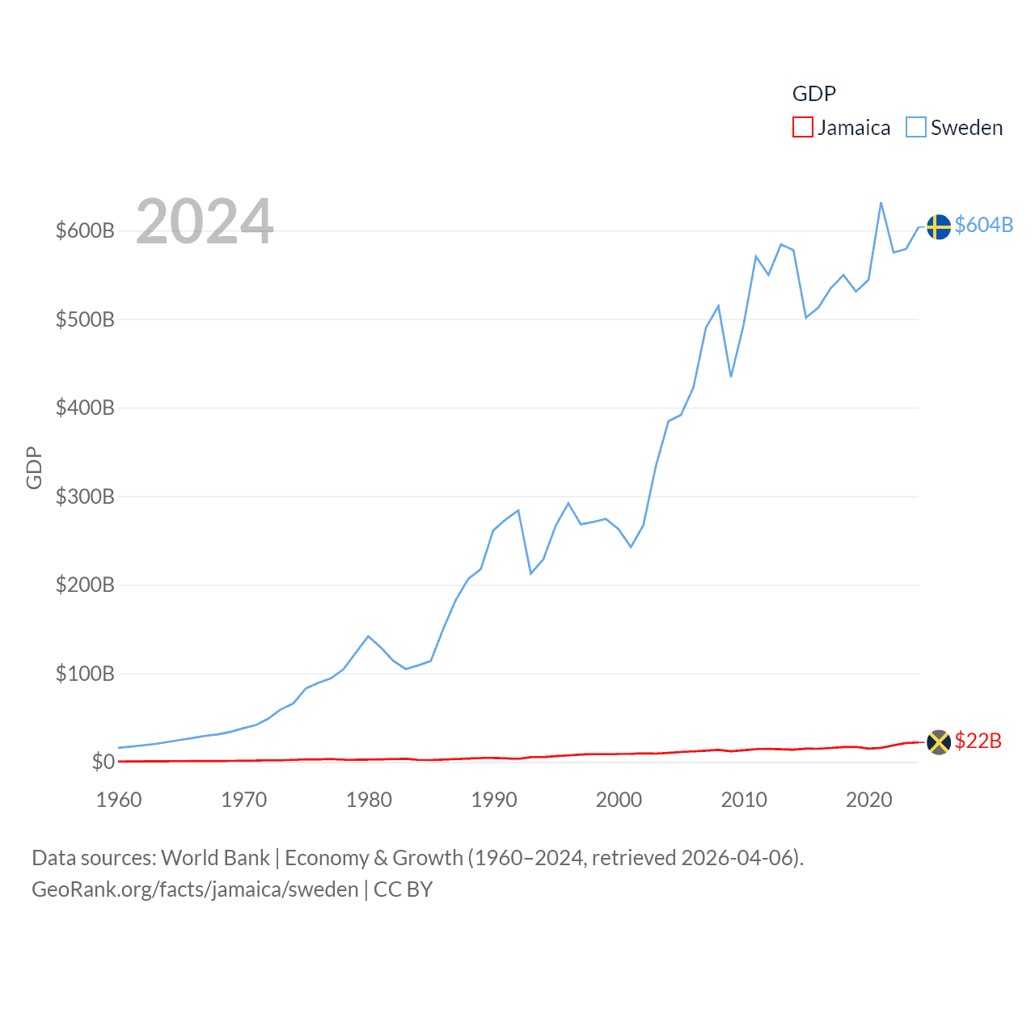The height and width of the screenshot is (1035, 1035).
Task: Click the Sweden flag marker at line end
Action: [x=938, y=226]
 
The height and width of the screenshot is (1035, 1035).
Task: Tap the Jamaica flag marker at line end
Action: [x=938, y=741]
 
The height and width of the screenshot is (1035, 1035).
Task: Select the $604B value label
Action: [x=983, y=225]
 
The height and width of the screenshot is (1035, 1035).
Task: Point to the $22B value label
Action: [x=978, y=741]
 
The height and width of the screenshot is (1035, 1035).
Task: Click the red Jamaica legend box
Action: [x=802, y=128]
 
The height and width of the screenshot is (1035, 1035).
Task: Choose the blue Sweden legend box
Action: [x=915, y=128]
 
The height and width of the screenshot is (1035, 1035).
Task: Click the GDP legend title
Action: [x=813, y=94]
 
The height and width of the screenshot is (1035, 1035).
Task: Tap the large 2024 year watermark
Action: [x=205, y=222]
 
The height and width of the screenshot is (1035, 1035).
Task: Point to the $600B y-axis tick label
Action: [x=85, y=230]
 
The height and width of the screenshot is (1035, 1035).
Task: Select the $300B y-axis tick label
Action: [x=85, y=496]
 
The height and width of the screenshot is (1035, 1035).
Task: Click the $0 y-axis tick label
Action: [x=103, y=762]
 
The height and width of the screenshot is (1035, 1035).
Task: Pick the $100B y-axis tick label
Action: [x=85, y=674]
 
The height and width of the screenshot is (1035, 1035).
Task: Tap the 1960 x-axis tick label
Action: [x=119, y=800]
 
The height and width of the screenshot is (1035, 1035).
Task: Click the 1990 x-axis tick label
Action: [x=494, y=800]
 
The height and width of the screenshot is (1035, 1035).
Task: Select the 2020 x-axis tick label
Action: [x=868, y=800]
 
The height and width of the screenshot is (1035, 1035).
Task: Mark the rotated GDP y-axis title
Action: [x=34, y=467]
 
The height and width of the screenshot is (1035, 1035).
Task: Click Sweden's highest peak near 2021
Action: [x=881, y=203]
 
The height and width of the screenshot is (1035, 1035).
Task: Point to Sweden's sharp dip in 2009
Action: [x=731, y=376]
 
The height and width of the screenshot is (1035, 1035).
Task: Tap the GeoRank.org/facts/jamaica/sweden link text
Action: [x=195, y=889]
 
